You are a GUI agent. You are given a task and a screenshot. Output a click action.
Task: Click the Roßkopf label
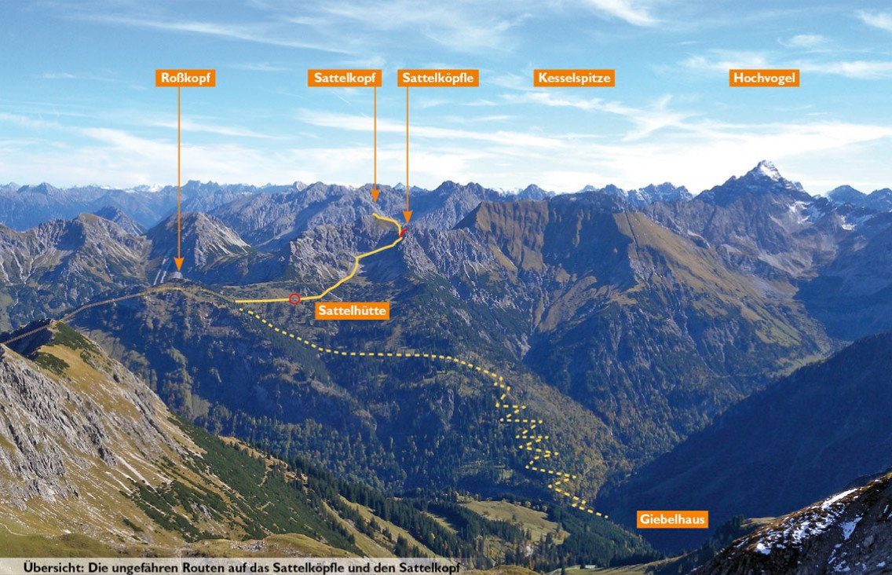pos(185,78)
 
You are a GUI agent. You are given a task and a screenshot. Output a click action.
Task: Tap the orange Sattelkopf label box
pos(345,78)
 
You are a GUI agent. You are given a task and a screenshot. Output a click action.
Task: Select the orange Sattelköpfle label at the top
pos(438,78)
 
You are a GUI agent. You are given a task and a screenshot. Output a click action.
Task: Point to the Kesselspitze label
pos(574,78)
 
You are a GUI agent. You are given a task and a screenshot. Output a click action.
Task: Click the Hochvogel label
pos(764,78)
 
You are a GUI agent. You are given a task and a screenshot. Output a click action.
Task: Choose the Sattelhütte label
pos(352,310)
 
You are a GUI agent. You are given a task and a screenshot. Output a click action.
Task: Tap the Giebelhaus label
pos(672,519)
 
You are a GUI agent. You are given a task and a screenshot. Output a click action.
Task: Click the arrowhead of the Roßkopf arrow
pos(178,264)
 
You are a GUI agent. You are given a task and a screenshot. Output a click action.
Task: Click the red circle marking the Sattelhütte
pos(294,298)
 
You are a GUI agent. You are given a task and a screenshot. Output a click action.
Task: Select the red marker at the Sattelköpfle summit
pos(404,233)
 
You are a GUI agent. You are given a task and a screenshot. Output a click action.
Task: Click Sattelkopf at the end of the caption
pos(430,568)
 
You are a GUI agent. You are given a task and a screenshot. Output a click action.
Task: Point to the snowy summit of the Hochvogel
pos(765,165)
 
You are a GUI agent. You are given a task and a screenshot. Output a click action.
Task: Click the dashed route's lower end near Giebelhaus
pos(605,516)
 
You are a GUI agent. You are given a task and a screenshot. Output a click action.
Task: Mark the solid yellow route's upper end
pos(375,215)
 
